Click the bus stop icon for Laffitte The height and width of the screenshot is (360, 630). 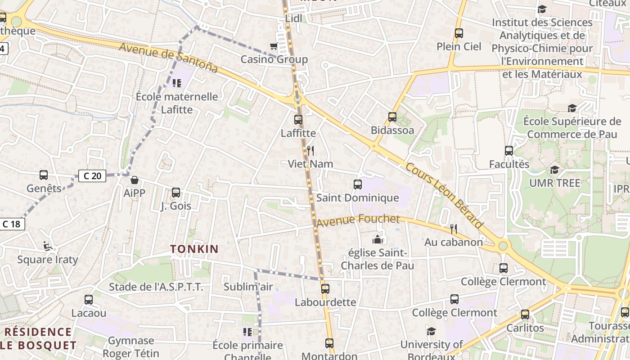click(298, 120)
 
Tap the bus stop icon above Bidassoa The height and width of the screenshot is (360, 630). click(392, 117)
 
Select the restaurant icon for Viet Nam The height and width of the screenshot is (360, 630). click(310, 150)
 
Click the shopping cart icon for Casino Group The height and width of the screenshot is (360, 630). click(273, 46)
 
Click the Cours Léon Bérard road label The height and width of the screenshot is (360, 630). click(444, 196)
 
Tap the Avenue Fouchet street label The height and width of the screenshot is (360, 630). click(358, 220)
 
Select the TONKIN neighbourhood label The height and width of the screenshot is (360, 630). click(194, 249)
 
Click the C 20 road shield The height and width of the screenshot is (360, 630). click(92, 176)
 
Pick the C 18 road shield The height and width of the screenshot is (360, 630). click(12, 224)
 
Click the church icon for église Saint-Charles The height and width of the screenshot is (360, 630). click(377, 239)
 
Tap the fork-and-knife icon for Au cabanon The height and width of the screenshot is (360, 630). click(454, 229)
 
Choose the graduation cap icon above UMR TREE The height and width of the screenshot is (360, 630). click(554, 170)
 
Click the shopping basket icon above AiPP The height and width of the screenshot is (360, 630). click(134, 180)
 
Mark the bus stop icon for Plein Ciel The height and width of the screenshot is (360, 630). click(459, 33)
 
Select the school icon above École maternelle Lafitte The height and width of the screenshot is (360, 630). click(176, 83)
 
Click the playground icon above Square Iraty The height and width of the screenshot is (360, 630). click(47, 246)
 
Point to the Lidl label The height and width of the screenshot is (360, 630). click(294, 18)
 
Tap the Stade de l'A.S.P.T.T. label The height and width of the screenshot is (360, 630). click(156, 287)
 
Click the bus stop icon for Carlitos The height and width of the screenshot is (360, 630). click(525, 315)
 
